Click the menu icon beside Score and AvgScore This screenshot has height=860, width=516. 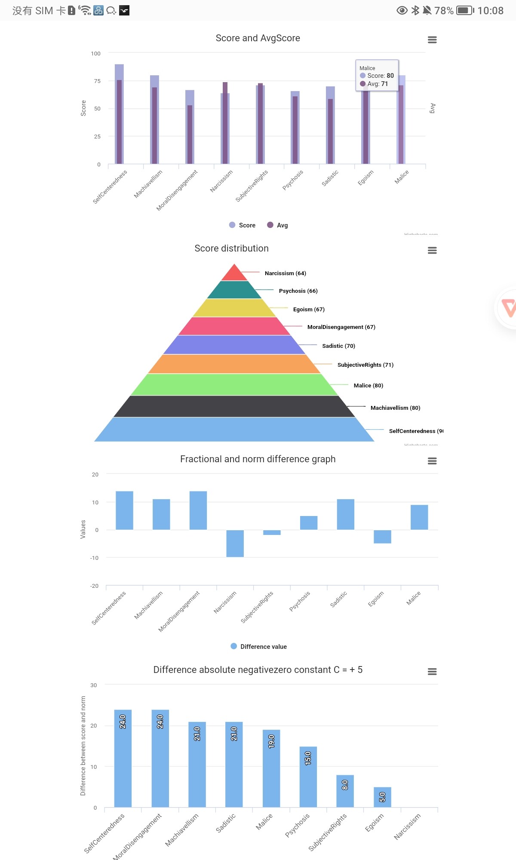(x=432, y=40)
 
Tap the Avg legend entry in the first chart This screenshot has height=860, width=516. (x=278, y=225)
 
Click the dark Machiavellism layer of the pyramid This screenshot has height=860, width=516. (x=234, y=406)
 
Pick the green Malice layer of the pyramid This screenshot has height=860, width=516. (x=234, y=384)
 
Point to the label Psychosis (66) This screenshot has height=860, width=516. (x=298, y=291)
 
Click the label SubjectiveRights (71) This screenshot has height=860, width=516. (x=365, y=365)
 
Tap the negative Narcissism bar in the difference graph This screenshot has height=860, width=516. (x=235, y=543)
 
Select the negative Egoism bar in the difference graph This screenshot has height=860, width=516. (x=382, y=536)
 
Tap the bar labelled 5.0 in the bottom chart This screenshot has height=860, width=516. (x=382, y=797)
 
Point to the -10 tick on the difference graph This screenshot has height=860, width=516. (x=95, y=558)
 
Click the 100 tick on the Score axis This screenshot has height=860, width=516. (x=95, y=54)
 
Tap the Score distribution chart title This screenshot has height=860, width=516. (x=231, y=249)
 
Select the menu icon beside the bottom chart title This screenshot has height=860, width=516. (x=432, y=672)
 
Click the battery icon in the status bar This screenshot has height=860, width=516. (x=464, y=10)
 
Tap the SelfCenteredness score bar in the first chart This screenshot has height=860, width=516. (x=119, y=114)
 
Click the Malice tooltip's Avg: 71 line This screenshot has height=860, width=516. (x=374, y=84)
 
